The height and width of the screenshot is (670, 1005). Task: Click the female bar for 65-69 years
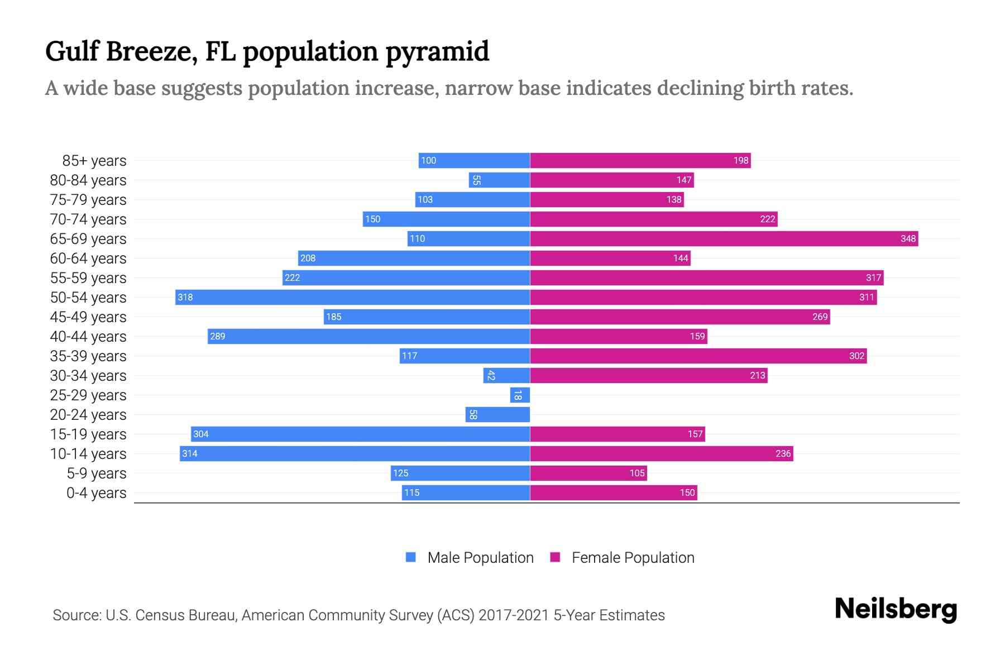[724, 239]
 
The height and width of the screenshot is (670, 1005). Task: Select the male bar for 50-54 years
[352, 298]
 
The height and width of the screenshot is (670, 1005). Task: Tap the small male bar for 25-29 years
[520, 395]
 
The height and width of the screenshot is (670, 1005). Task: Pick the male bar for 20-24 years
[497, 415]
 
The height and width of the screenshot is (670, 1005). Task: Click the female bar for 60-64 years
[610, 259]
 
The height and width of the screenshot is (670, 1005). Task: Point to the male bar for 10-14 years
[355, 454]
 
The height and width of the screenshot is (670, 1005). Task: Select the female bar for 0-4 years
[614, 493]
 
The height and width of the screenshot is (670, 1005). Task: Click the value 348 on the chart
[908, 239]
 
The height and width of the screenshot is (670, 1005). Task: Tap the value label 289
[218, 337]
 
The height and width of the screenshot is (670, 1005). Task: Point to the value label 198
[741, 161]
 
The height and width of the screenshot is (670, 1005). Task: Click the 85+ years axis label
[94, 161]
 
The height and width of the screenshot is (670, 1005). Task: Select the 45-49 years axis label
[88, 317]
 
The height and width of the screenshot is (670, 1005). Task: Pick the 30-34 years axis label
[88, 376]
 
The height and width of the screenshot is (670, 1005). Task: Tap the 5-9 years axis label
[97, 473]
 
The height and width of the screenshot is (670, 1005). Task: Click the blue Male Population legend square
[411, 557]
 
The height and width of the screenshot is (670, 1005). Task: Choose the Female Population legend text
[633, 558]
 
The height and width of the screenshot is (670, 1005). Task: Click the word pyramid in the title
[437, 52]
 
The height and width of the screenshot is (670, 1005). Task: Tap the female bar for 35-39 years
[698, 356]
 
